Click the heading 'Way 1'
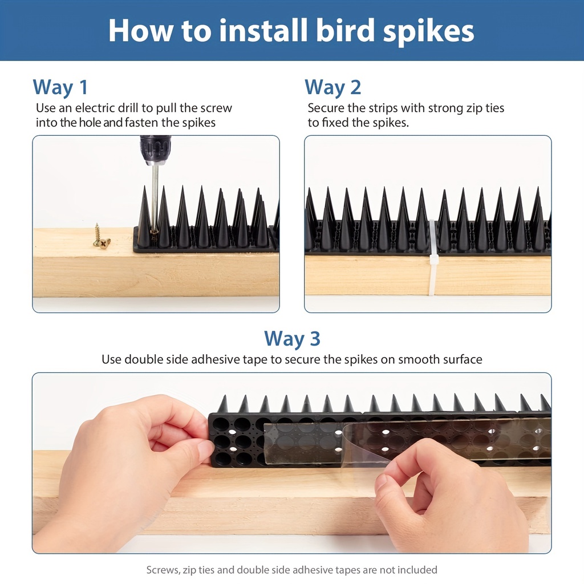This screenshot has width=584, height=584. pos(60,87)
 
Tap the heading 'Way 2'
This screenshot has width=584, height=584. pos(333,87)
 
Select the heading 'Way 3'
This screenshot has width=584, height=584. pos(292,339)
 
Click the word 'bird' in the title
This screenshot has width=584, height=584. pos(345,31)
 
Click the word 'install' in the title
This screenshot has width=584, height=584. pos(263,31)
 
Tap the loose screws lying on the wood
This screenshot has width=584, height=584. pos(100,237)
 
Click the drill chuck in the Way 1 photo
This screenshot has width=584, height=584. pos(155,151)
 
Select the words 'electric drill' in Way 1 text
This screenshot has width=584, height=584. pos(107,108)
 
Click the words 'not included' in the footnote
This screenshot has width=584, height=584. pos(408,570)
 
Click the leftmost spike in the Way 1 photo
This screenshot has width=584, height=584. pos(144,218)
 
